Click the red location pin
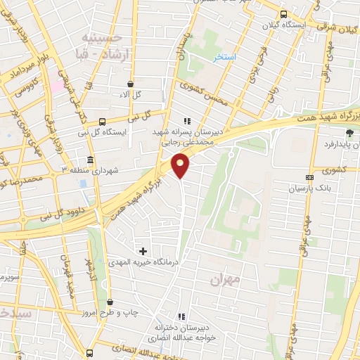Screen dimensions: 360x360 click(x=181, y=165)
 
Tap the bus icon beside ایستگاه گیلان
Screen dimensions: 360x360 click(x=283, y=14)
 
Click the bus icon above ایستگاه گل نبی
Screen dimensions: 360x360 click(x=103, y=120)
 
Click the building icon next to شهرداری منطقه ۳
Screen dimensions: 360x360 click(x=90, y=160)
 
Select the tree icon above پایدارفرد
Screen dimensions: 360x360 click(x=349, y=132)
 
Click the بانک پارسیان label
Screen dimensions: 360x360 click(x=310, y=189)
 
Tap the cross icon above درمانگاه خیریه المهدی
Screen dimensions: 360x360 click(x=143, y=251)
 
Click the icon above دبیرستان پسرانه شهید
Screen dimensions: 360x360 click(x=187, y=120)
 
